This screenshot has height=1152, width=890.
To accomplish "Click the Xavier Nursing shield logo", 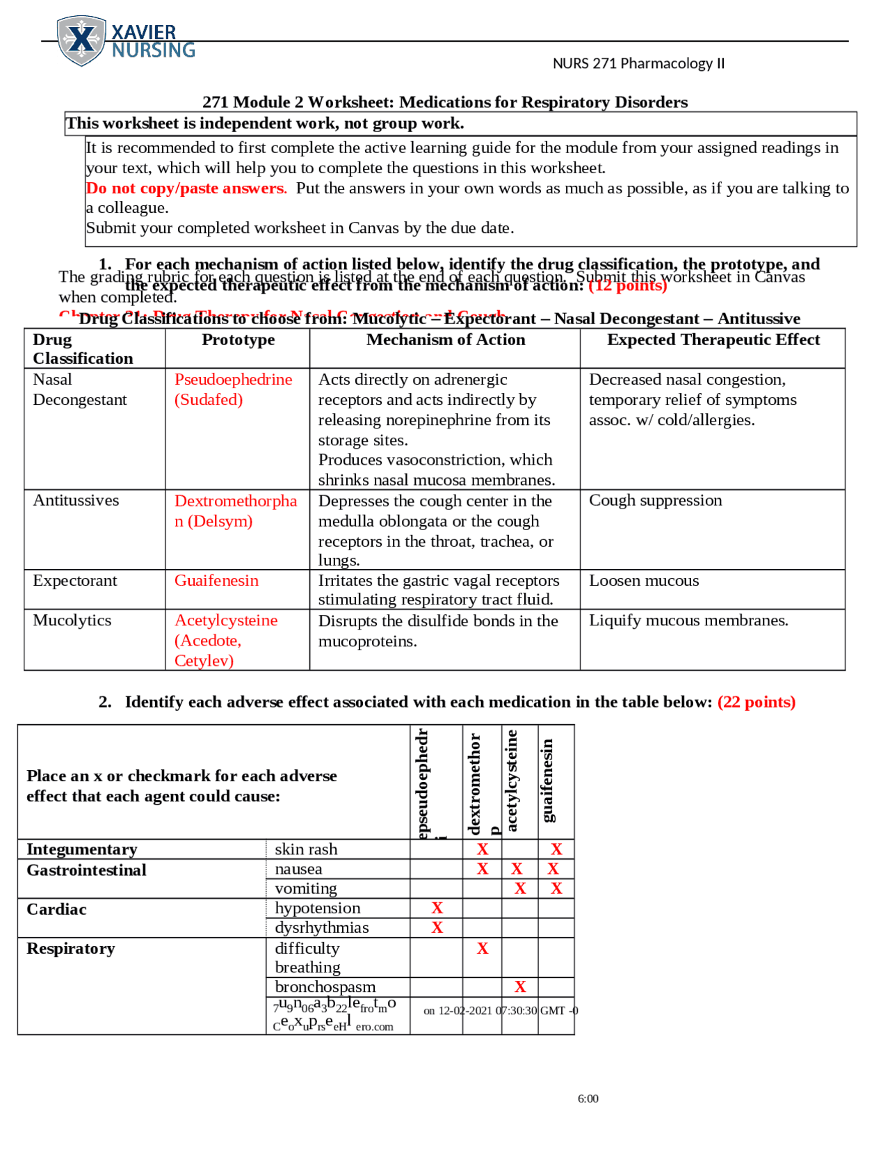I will [82, 40].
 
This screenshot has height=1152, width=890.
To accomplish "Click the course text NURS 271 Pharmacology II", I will [638, 63].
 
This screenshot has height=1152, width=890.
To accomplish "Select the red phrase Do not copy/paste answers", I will [186, 188].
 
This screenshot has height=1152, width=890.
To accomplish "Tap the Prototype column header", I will [238, 339].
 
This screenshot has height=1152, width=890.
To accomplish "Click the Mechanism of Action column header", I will [445, 339].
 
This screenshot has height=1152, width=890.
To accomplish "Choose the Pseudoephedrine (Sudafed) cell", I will [233, 390].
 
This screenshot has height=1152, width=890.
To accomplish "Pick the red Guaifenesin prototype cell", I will [216, 580].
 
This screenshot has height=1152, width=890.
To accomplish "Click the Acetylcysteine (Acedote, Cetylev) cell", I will [225, 640].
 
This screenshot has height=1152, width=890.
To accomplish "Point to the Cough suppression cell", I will [655, 500].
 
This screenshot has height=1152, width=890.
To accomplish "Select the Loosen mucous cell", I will [644, 580].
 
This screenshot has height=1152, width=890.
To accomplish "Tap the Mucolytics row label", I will [72, 620].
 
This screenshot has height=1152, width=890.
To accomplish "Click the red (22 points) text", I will [756, 701].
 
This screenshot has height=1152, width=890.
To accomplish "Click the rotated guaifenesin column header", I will [548, 781].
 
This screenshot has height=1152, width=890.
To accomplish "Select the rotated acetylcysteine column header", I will [512, 781].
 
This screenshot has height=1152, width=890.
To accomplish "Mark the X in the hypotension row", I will [437, 908].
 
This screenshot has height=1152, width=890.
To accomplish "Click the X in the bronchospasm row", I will [520, 986].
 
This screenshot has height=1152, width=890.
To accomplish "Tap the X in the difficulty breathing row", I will [483, 948].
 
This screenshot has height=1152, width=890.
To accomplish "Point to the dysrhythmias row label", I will [321, 927].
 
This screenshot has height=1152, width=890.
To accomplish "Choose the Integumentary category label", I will [81, 849].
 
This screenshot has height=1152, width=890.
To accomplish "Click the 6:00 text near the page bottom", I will [588, 1098].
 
